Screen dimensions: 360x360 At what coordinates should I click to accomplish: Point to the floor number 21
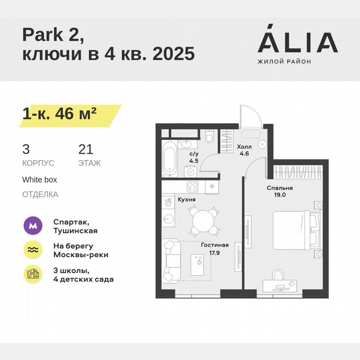coord(86,149)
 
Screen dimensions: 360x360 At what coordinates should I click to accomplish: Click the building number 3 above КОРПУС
coord(26,149)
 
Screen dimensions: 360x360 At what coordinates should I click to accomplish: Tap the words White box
coord(40,180)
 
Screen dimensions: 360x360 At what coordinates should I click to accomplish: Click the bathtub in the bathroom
coord(170,159)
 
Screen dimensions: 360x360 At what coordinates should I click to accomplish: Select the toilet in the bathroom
coord(210,136)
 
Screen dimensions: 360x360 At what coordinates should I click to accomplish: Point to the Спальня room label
coord(280,188)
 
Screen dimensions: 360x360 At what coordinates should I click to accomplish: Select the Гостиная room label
coord(215,245)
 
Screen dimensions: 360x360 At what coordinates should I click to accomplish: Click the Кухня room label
coord(187,200)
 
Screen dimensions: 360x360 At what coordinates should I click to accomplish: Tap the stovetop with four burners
coord(192,186)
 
